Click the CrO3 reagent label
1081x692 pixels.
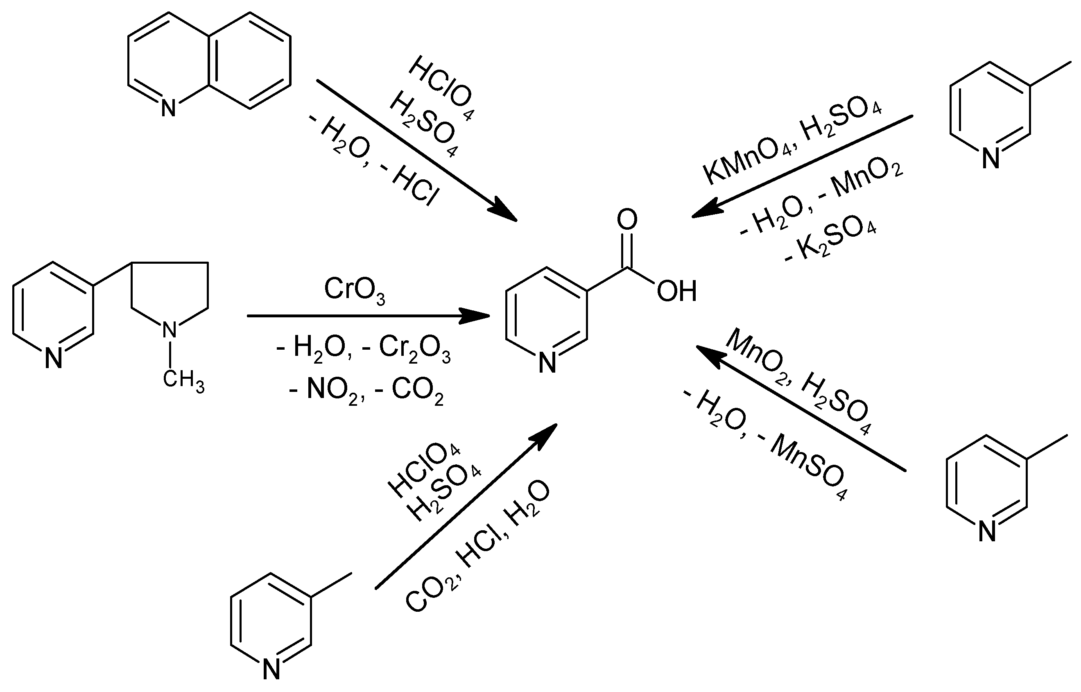click(x=355, y=291)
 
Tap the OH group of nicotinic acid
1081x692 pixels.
click(x=676, y=291)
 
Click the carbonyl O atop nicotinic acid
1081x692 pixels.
click(x=627, y=220)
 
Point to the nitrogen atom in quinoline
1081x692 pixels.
click(x=168, y=108)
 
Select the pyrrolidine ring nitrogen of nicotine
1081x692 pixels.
click(x=170, y=330)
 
